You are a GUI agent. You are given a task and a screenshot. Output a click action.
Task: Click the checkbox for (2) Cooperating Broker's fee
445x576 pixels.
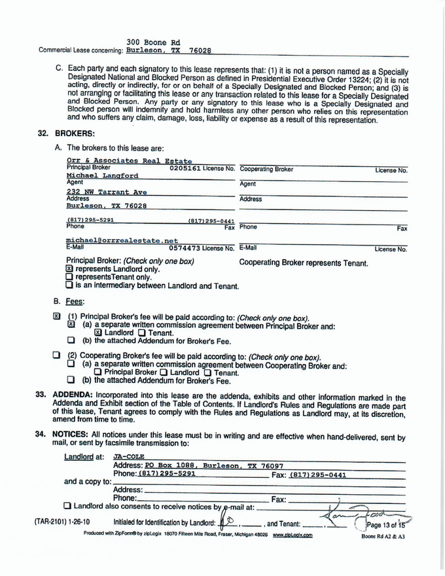click(x=57, y=356)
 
